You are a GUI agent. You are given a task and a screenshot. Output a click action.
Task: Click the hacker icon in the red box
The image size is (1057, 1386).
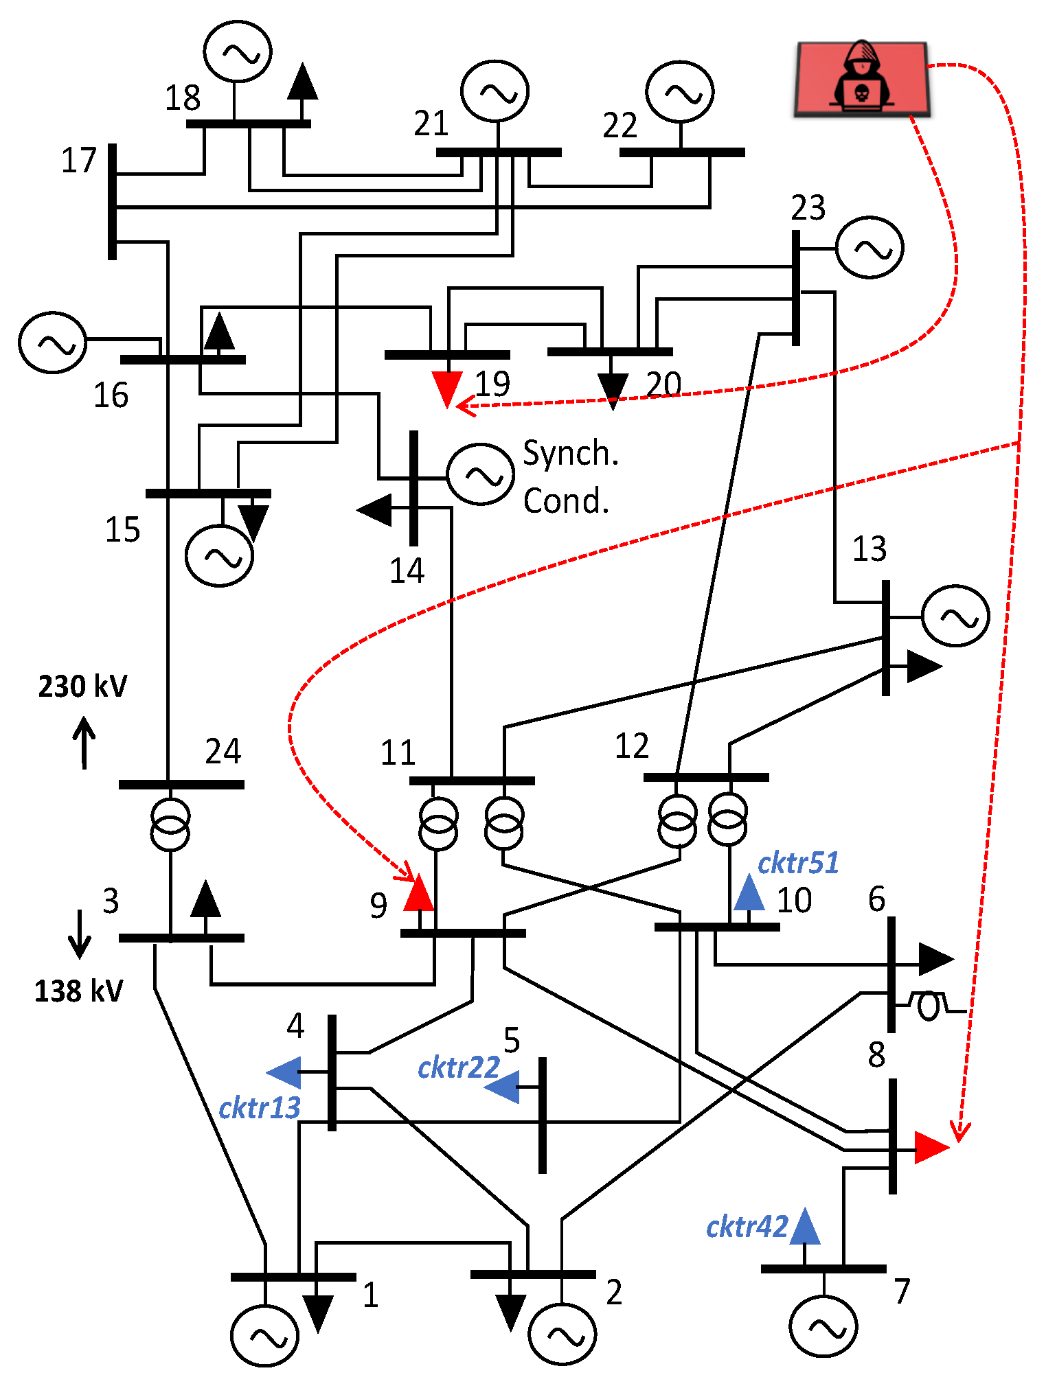tap(861, 78)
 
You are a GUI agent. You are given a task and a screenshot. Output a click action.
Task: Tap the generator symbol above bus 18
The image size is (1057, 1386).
tap(238, 51)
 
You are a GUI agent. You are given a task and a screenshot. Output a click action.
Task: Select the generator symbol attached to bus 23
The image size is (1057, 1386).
tap(870, 248)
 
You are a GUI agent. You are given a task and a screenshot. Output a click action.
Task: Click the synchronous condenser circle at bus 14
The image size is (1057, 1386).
tap(480, 474)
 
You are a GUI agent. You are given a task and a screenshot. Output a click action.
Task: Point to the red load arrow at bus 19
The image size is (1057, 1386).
tap(447, 389)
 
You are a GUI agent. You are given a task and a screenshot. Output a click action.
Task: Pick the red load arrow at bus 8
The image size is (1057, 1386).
tap(931, 1148)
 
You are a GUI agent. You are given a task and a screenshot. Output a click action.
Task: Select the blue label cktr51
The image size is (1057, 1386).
tap(798, 864)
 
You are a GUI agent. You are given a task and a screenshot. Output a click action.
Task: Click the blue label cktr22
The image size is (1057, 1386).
tap(458, 1068)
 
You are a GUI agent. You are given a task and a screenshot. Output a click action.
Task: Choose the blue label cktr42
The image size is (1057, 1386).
tap(747, 1227)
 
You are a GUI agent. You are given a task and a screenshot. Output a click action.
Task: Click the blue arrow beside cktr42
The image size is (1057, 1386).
tap(805, 1227)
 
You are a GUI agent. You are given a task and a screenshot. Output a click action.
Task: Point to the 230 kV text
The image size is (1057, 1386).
tap(82, 686)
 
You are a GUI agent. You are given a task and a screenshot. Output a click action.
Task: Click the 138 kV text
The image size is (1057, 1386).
tap(79, 991)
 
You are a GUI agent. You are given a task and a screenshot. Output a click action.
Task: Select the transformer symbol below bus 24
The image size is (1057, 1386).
tap(170, 824)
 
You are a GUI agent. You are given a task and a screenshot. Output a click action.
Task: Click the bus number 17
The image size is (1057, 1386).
tap(78, 161)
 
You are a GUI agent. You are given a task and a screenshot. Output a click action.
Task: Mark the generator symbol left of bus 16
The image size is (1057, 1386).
tap(52, 343)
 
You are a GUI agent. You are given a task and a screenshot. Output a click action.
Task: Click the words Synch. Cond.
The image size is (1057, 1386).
tap(570, 476)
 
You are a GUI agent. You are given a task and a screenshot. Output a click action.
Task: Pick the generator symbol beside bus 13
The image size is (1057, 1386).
tap(955, 616)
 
